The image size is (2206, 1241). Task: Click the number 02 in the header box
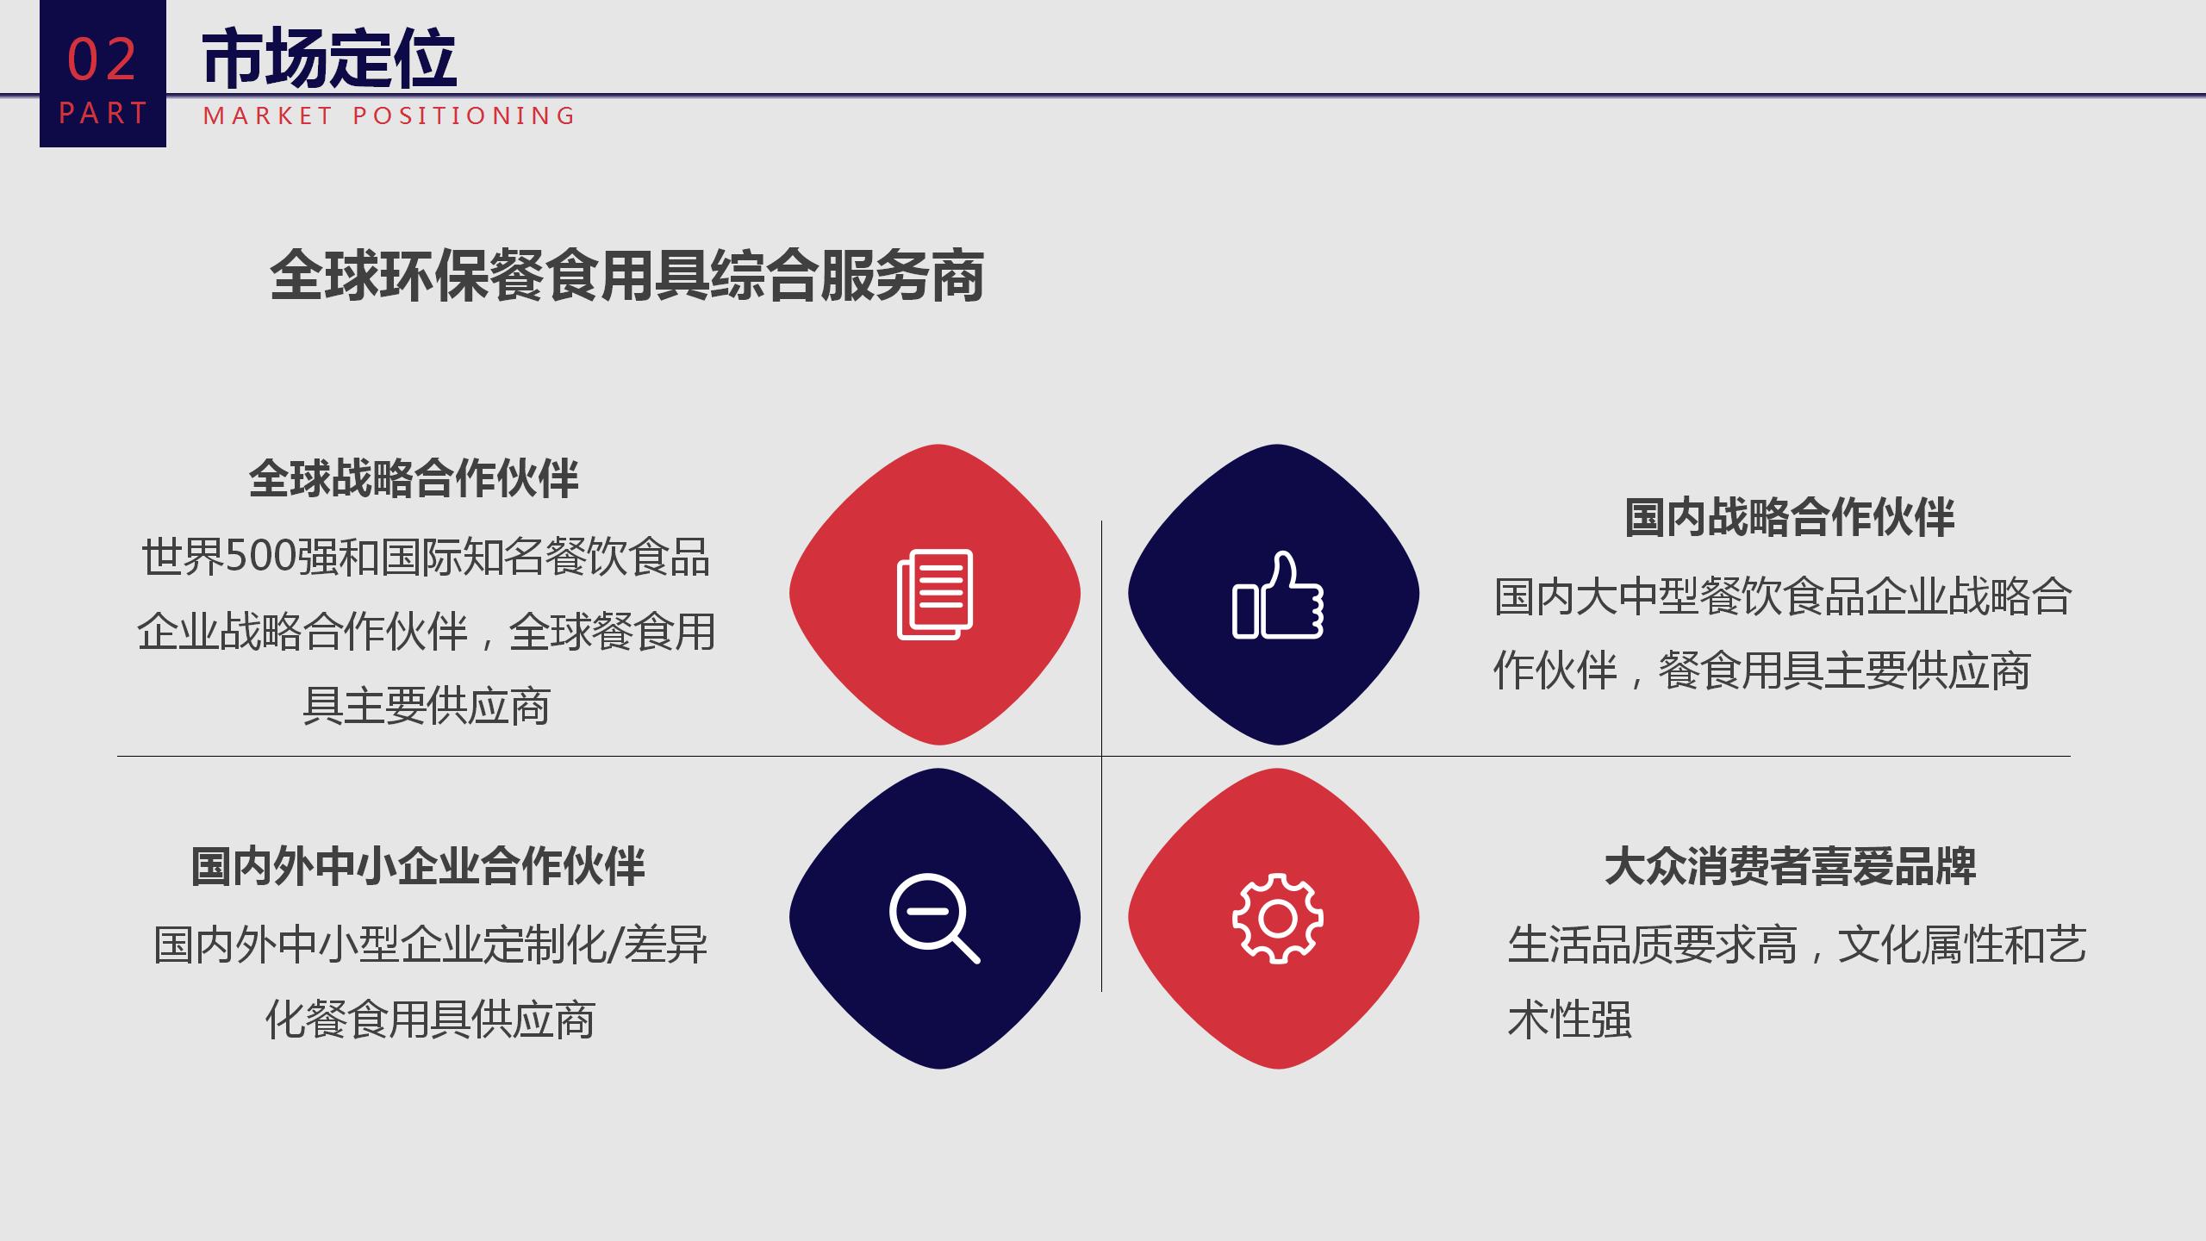[x=103, y=60]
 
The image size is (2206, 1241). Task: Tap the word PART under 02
[x=103, y=113]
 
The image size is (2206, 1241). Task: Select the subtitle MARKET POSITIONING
[x=389, y=115]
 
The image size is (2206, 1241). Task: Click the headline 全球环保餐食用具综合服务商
[x=627, y=276]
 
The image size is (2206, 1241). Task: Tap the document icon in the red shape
[x=935, y=595]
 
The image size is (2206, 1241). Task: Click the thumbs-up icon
[x=1278, y=595]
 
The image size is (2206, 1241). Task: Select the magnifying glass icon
[x=935, y=918]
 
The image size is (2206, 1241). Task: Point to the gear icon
[x=1278, y=919]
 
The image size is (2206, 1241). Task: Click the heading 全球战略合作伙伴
[x=414, y=478]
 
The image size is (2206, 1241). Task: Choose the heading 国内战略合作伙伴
[x=1790, y=518]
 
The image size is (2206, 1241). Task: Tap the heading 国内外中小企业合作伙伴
[x=418, y=866]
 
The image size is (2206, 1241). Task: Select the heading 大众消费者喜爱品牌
[x=1790, y=866]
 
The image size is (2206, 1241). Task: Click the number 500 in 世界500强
[x=261, y=557]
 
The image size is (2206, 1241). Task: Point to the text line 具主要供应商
[x=427, y=707]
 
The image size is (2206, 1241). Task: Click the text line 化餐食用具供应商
[x=430, y=1020]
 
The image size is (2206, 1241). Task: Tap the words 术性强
[x=1570, y=1020]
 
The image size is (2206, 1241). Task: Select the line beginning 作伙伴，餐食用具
[x=1762, y=670]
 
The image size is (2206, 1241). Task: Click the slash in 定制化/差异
[x=614, y=945]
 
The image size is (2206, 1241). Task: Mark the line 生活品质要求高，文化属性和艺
[x=1798, y=945]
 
